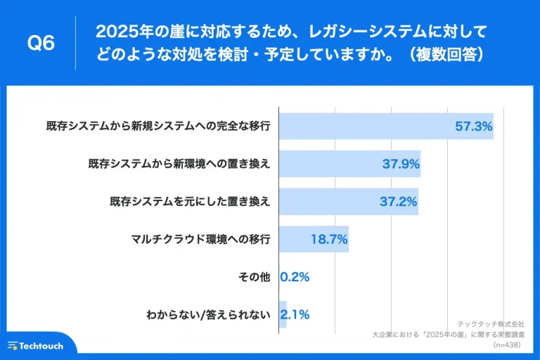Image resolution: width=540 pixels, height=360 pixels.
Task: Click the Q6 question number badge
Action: pyautogui.click(x=40, y=43)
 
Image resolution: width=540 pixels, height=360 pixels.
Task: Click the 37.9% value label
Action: pyautogui.click(x=401, y=164)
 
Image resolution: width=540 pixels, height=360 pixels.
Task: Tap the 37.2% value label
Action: pyautogui.click(x=399, y=202)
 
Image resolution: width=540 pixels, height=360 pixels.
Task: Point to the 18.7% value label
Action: pyautogui.click(x=329, y=239)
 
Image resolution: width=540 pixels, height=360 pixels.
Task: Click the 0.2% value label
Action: pyautogui.click(x=295, y=277)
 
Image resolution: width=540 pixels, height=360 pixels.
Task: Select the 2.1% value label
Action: pyautogui.click(x=295, y=314)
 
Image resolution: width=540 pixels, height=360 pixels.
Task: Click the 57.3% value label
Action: pyautogui.click(x=474, y=127)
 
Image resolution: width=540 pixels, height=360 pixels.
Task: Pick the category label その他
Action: pyautogui.click(x=255, y=277)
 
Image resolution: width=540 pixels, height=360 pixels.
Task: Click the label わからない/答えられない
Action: pyautogui.click(x=208, y=314)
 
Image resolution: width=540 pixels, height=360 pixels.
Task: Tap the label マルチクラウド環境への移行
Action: pyautogui.click(x=200, y=239)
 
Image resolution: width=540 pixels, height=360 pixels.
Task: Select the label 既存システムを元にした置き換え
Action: pyautogui.click(x=190, y=202)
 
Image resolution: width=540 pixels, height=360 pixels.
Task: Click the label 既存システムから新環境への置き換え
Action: pyautogui.click(x=179, y=164)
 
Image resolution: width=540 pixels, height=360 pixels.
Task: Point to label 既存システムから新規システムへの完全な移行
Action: pyautogui.click(x=158, y=127)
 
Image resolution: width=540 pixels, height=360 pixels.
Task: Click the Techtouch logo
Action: pyautogui.click(x=36, y=346)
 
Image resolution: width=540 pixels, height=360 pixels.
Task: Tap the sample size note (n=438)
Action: pyautogui.click(x=509, y=346)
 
